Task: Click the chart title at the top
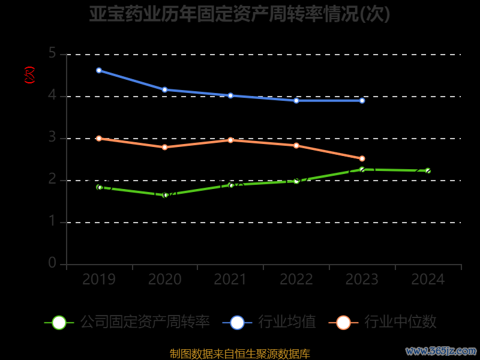click(240, 14)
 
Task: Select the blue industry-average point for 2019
click(99, 70)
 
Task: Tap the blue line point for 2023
click(362, 100)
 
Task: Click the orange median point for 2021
click(230, 140)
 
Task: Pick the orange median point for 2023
click(362, 158)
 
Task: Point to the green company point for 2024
click(428, 170)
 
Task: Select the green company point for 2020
click(165, 195)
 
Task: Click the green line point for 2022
click(296, 180)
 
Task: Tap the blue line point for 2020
click(165, 90)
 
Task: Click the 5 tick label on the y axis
click(52, 54)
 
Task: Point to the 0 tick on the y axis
click(52, 263)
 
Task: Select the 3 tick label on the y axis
click(52, 138)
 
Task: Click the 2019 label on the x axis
click(99, 280)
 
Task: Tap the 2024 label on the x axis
click(428, 280)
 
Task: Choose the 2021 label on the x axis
click(230, 280)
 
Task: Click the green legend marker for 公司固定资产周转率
click(59, 322)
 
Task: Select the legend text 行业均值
click(287, 322)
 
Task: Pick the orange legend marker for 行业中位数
click(343, 322)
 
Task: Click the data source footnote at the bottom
click(240, 353)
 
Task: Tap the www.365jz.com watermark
click(441, 350)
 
